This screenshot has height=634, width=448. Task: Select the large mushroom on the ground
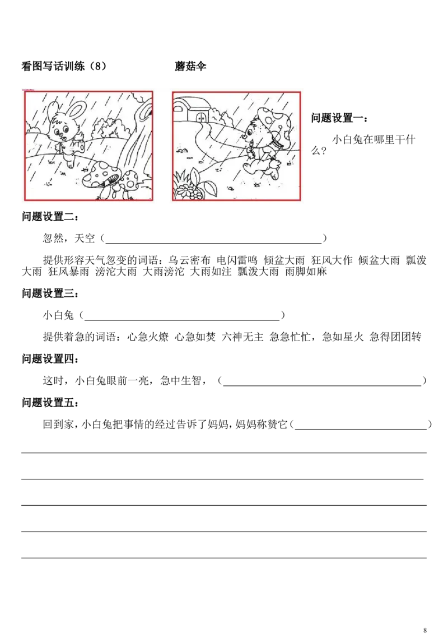pos(101,174)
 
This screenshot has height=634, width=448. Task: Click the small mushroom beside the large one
pos(131,180)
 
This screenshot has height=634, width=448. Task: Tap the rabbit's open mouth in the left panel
pos(65,138)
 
